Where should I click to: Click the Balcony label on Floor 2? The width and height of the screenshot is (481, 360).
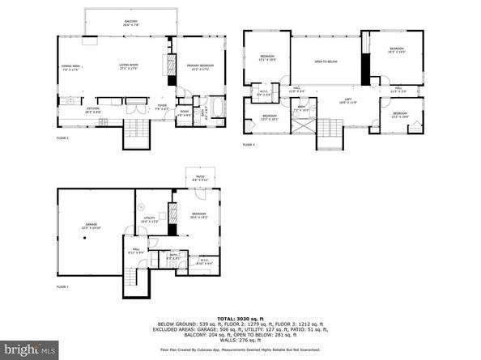pos(130,22)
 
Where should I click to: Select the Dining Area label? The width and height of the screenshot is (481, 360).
pos(71,67)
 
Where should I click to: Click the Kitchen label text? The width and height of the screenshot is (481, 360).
pos(70,108)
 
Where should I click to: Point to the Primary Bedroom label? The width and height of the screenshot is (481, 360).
pos(200,67)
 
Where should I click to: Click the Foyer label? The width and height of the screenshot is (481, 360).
pos(162,105)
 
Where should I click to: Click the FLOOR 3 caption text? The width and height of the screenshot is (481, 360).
pos(249,145)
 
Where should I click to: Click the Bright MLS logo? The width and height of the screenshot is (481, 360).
pos(29,349)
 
